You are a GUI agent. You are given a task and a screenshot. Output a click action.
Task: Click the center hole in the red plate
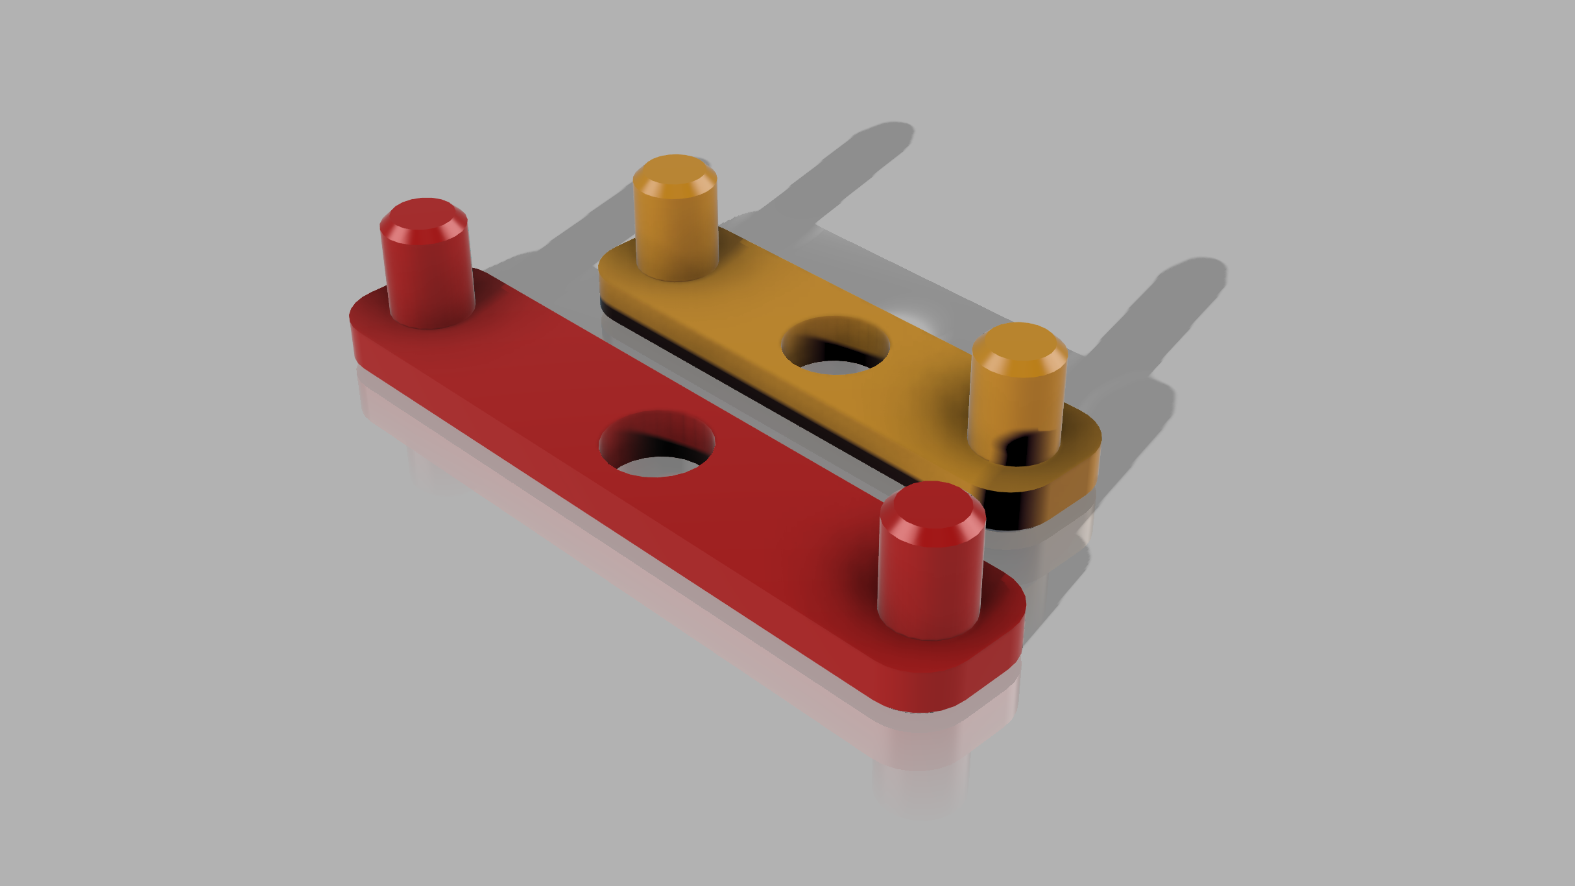click(656, 445)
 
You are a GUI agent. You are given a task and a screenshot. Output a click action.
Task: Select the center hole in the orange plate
click(835, 346)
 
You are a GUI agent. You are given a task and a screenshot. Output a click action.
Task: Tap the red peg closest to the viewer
click(930, 571)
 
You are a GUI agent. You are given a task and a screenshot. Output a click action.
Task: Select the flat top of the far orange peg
click(675, 173)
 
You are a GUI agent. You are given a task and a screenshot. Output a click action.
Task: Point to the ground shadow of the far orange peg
click(843, 169)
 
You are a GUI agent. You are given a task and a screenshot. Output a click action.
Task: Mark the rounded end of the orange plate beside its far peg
click(613, 272)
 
